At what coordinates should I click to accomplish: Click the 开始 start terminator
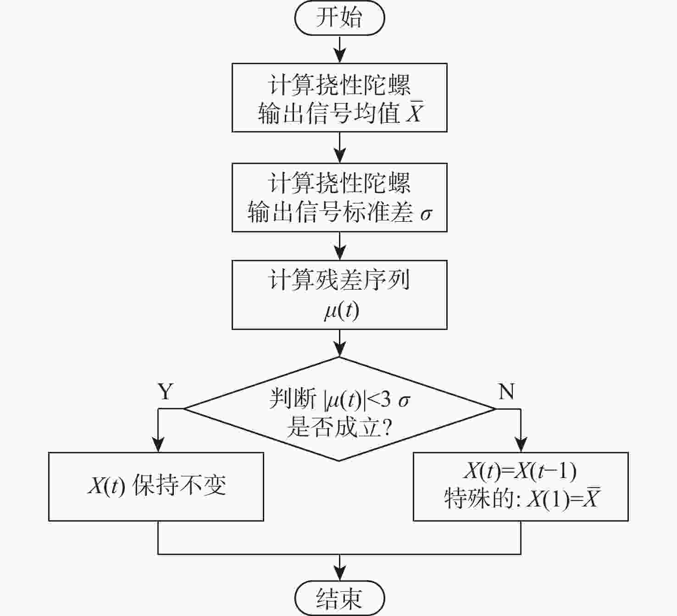pos(339,18)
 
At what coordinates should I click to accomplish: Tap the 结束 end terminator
pos(339,598)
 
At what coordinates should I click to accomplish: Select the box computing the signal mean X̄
pos(339,98)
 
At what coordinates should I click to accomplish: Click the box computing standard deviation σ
pos(339,197)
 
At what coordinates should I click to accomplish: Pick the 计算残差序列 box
pos(339,295)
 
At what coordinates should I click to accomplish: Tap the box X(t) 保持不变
pos(156,486)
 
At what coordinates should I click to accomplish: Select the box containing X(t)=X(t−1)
pos(521,486)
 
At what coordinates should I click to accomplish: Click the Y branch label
pos(166,392)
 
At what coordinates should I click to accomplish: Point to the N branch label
pos(506,392)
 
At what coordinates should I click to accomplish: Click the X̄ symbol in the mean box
pos(414,112)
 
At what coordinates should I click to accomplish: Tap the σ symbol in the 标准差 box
pos(426,214)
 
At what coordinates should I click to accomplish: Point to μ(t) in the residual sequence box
pos(341,311)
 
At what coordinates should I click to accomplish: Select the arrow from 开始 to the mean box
pos(339,49)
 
